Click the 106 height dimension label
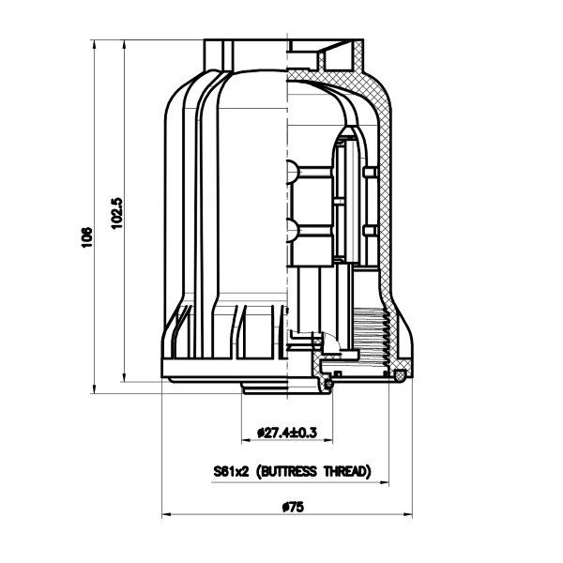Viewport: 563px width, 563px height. [86, 237]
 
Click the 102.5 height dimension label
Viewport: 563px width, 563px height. [116, 213]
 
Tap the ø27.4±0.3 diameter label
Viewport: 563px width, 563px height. [287, 433]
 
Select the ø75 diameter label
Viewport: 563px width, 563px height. [293, 507]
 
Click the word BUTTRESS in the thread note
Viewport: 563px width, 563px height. [287, 471]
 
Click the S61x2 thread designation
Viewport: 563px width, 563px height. [231, 471]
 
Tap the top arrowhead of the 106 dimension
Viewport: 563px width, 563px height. [95, 44]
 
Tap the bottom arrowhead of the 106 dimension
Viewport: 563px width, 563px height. [95, 389]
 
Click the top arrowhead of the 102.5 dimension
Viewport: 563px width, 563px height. [124, 44]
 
